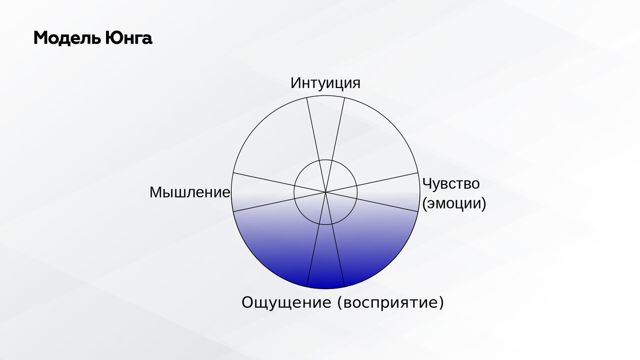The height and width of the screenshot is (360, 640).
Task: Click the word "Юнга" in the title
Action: click(129, 38)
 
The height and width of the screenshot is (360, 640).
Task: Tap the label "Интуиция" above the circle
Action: click(325, 83)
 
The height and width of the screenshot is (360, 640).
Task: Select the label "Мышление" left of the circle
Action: click(190, 192)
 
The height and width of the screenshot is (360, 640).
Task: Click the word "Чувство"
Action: click(451, 183)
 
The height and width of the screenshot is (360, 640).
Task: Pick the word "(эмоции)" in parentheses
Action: click(454, 203)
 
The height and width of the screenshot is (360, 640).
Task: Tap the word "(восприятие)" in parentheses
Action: click(390, 303)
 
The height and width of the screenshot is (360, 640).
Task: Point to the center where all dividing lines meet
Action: click(325, 192)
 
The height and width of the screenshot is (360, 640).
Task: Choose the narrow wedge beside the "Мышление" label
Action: click(257, 192)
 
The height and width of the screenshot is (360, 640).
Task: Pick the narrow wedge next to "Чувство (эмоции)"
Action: click(394, 192)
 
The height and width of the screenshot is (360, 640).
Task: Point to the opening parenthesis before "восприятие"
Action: click(339, 303)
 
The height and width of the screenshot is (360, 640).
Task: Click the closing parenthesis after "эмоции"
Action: click(484, 203)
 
